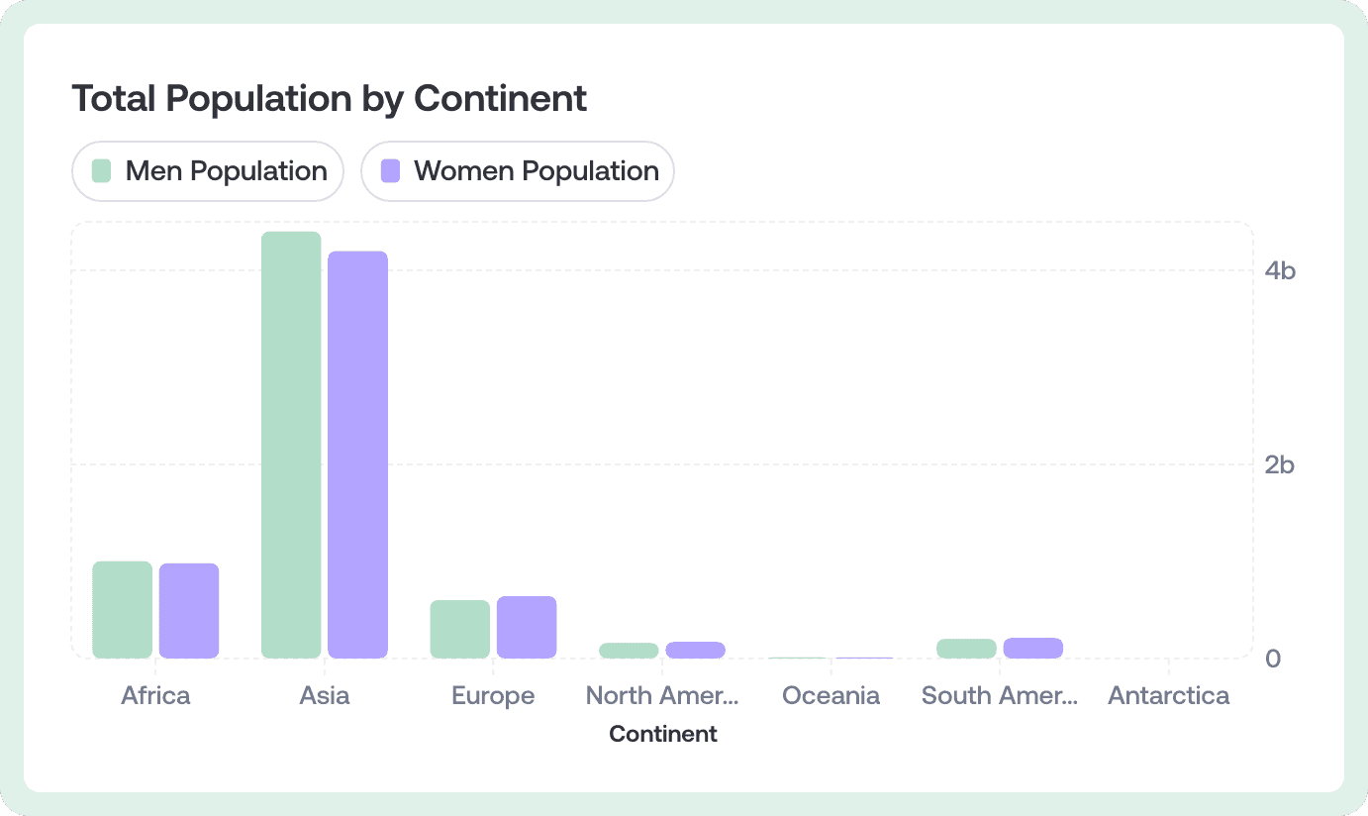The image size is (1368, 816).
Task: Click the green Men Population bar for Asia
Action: [291, 445]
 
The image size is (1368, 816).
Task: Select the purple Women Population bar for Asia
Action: [358, 455]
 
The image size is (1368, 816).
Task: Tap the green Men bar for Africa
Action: [122, 610]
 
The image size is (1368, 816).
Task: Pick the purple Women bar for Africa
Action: [189, 611]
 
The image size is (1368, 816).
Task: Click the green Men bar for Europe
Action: [460, 629]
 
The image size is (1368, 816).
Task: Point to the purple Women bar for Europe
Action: [527, 627]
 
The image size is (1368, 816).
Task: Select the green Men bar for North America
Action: [629, 651]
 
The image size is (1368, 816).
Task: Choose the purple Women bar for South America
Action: [1033, 648]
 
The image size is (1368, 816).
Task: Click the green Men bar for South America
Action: [967, 649]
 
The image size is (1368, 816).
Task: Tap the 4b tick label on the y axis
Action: [1280, 270]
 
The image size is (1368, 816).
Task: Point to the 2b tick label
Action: [1280, 464]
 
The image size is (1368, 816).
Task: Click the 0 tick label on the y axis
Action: [1273, 659]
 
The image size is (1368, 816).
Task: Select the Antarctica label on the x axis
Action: [1169, 695]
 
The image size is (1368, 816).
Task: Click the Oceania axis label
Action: [831, 695]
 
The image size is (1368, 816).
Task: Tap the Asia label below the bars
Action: [325, 695]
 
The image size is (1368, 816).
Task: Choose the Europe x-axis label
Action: [494, 696]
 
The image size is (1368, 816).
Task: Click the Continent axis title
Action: [663, 734]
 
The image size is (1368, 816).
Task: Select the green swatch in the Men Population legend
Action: [101, 171]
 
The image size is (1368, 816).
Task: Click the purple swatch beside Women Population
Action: [390, 171]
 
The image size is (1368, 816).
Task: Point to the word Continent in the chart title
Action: [500, 98]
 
